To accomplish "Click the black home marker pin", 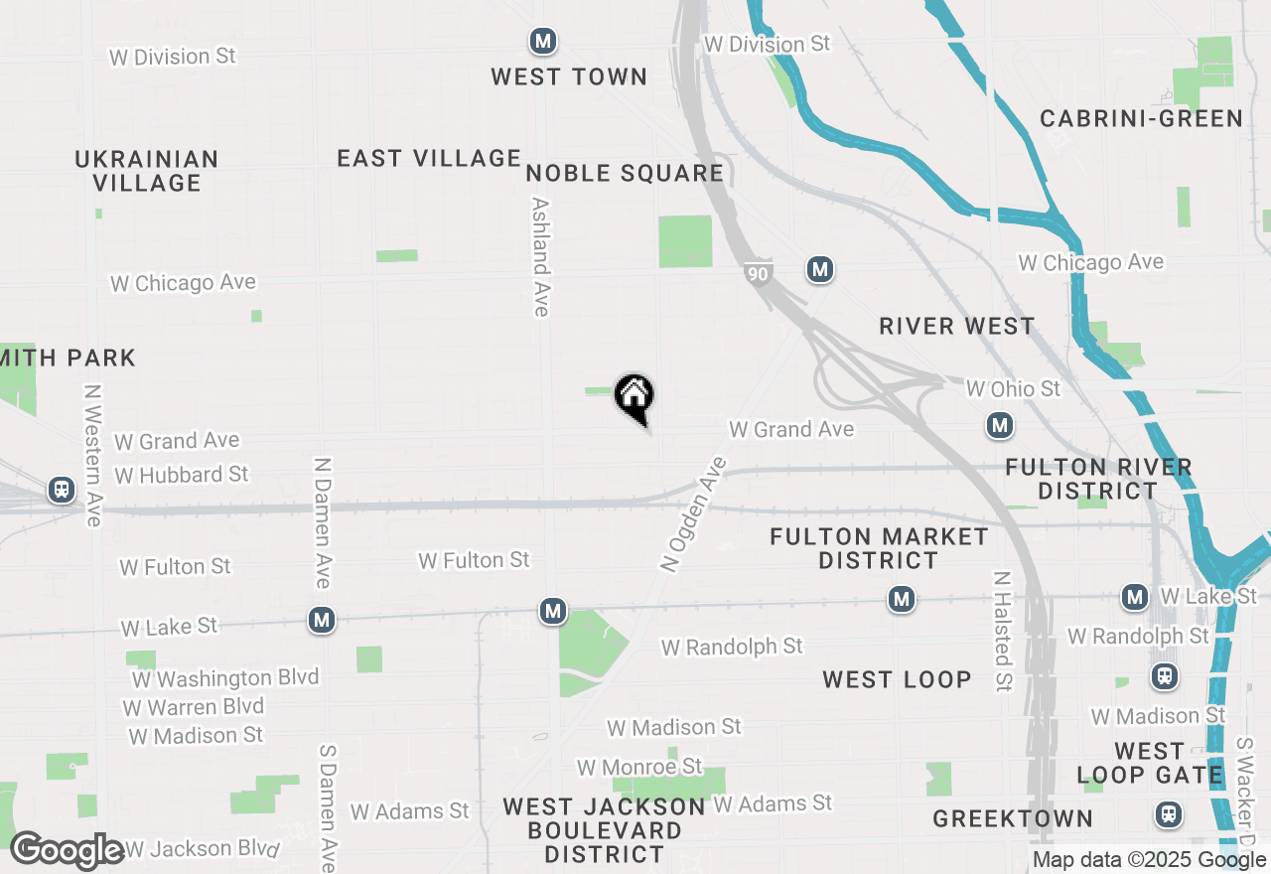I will pyautogui.click(x=635, y=397).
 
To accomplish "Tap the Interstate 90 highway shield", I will pyautogui.click(x=758, y=272).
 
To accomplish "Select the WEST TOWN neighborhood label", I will pyautogui.click(x=569, y=76).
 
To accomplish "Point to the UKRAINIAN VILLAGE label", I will pyautogui.click(x=147, y=171).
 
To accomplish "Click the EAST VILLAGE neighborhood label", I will pyautogui.click(x=429, y=158).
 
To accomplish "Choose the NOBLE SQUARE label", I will pyautogui.click(x=625, y=174).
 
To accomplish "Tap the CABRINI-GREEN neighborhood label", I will pyautogui.click(x=1141, y=118).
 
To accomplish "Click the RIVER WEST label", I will pyautogui.click(x=957, y=326).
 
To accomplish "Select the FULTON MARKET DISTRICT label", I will pyautogui.click(x=880, y=549).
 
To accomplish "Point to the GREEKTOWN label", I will pyautogui.click(x=1013, y=818).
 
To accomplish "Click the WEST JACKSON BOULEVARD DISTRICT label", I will pyautogui.click(x=604, y=830).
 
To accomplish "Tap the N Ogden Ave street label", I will pyautogui.click(x=694, y=514).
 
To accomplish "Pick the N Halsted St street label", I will pyautogui.click(x=1003, y=631).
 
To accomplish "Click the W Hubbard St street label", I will pyautogui.click(x=182, y=475).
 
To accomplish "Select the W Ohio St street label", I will pyautogui.click(x=1014, y=388).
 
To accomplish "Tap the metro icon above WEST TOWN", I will pyautogui.click(x=542, y=42).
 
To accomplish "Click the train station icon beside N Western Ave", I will pyautogui.click(x=62, y=490).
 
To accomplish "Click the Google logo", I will pyautogui.click(x=67, y=851).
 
